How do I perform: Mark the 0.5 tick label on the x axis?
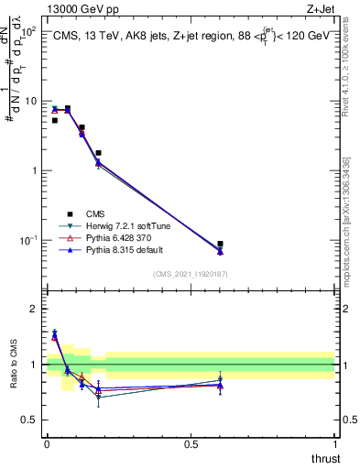tap(191, 443)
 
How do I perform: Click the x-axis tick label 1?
tap(334, 443)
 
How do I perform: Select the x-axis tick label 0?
tap(46, 443)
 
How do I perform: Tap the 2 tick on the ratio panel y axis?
tap(33, 309)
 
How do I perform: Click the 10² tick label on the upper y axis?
tap(28, 32)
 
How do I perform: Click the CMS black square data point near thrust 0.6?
tap(220, 244)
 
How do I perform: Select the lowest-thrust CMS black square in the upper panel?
tap(55, 120)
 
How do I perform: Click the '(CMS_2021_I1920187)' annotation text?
tap(190, 274)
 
